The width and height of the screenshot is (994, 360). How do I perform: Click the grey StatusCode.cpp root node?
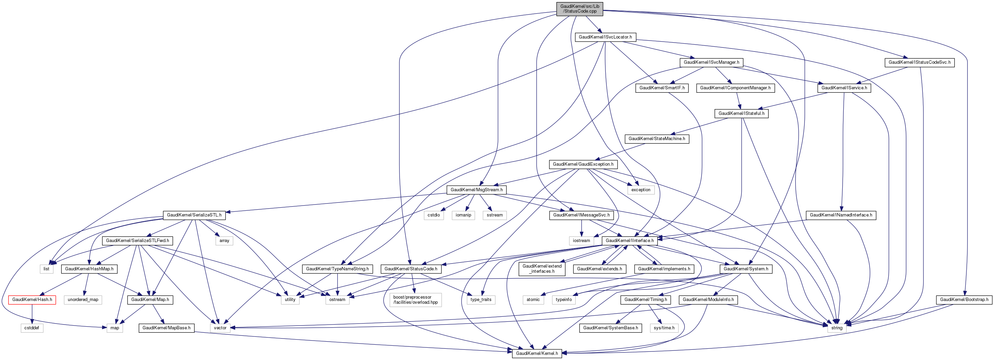click(579, 9)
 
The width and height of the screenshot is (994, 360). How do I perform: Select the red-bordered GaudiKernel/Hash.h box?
click(32, 299)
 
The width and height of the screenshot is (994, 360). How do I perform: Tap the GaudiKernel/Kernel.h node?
click(537, 353)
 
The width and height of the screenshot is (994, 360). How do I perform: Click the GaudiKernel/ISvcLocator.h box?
click(605, 37)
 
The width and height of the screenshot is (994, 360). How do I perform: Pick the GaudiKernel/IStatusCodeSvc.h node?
click(919, 62)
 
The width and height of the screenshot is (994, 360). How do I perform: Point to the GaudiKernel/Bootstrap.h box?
click(964, 299)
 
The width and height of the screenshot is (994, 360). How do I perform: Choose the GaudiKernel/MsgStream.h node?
click(476, 190)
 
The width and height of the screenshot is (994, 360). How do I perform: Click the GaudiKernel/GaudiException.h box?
click(583, 164)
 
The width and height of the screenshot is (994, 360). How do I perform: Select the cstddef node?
click(32, 328)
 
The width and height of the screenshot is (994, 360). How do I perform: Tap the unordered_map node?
click(83, 299)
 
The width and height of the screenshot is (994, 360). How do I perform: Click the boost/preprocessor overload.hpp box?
click(416, 300)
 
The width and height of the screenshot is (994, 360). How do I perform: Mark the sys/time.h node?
click(664, 328)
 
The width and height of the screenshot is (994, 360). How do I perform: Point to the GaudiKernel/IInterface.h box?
click(629, 240)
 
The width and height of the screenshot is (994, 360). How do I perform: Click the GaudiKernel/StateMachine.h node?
click(657, 138)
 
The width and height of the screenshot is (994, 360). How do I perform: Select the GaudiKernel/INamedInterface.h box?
click(841, 215)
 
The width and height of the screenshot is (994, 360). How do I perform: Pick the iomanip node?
click(463, 215)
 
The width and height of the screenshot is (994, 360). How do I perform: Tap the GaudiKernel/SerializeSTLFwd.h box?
click(137, 240)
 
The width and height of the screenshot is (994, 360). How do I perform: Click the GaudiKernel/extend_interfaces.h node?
click(542, 269)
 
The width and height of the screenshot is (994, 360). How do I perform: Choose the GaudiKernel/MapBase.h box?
click(166, 328)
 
